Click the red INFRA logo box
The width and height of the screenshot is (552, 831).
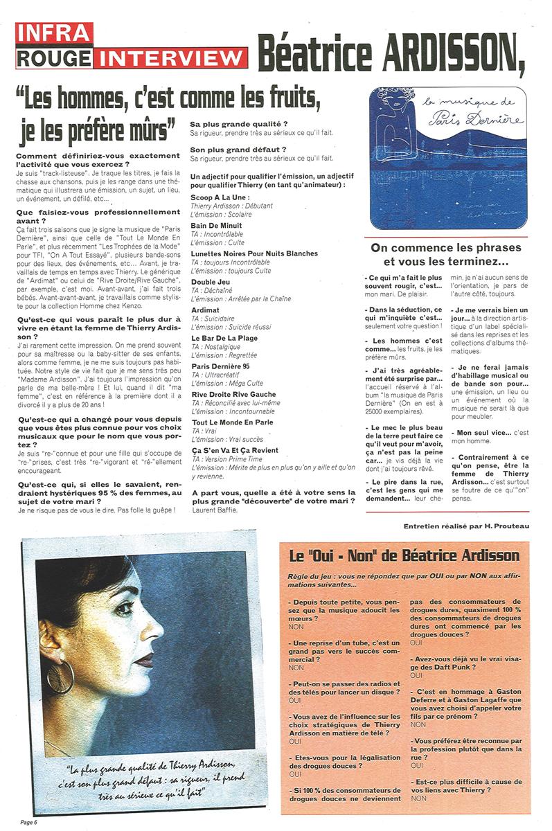[54, 32]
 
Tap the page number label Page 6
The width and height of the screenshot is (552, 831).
[28, 822]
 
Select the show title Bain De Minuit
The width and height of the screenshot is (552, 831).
[217, 225]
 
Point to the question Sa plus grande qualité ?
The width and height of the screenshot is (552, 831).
[229, 124]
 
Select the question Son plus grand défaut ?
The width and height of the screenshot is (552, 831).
[228, 149]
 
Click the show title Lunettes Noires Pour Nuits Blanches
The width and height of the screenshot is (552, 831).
[254, 253]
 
